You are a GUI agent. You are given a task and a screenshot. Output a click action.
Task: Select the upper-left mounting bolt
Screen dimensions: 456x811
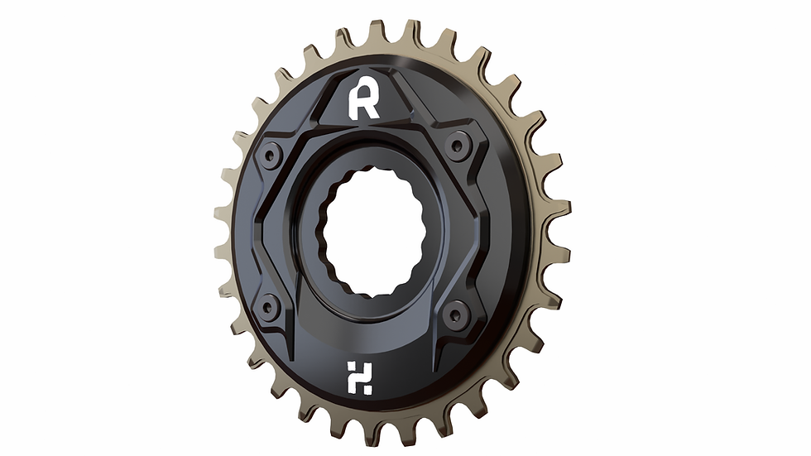271,155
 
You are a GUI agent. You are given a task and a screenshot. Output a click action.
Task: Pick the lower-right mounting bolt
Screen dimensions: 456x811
452,313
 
